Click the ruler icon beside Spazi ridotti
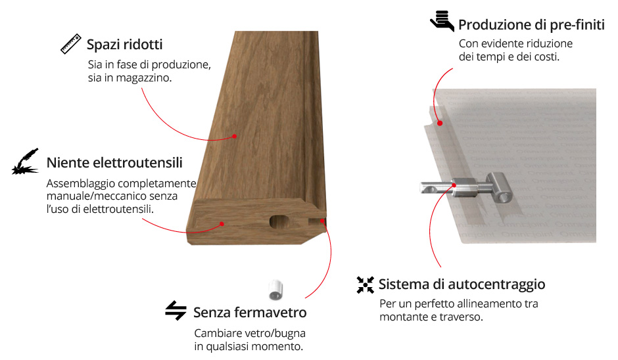tap(71, 43)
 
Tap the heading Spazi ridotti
tap(124, 45)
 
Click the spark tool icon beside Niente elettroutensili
tap(26, 162)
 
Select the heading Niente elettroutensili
tap(114, 163)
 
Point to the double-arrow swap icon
tap(176, 310)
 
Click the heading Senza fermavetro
tap(250, 312)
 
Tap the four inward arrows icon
tap(366, 284)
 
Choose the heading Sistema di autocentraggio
tap(462, 284)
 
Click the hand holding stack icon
tap(442, 21)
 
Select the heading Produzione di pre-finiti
tap(532, 25)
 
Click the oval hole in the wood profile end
tap(280, 222)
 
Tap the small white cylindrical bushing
tap(275, 290)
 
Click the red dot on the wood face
tap(235, 136)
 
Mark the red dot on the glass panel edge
tap(440, 124)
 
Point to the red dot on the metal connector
tap(454, 185)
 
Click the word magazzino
tap(143, 78)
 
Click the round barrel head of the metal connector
tap(500, 189)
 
